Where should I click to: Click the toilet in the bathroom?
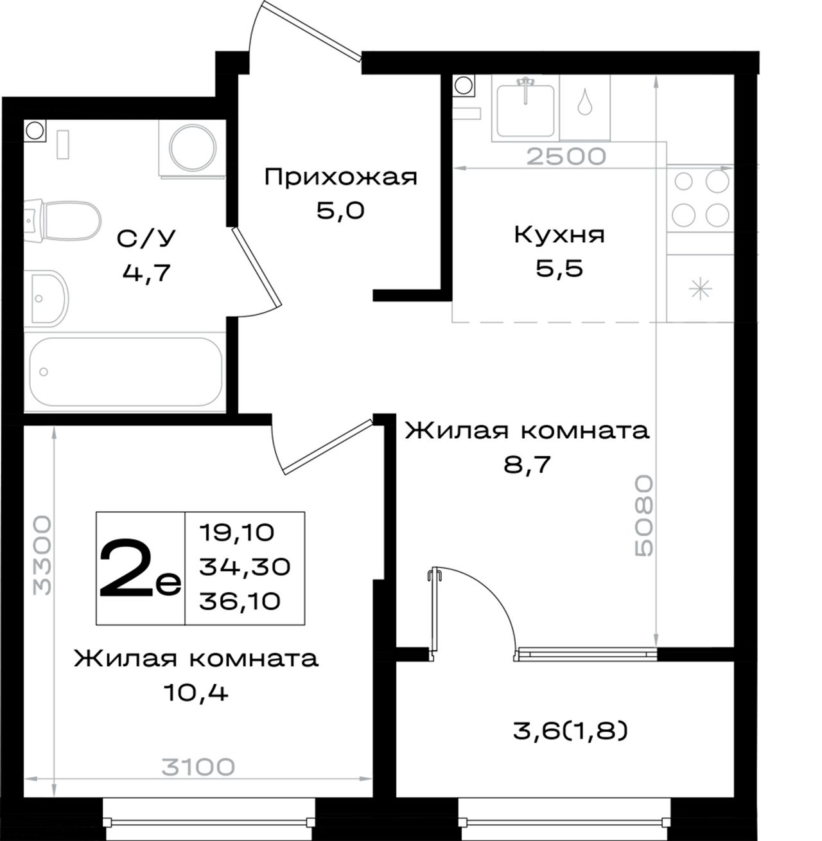(63, 220)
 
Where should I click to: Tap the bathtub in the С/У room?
(126, 372)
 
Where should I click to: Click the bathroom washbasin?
(46, 297)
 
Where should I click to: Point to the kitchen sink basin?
(525, 111)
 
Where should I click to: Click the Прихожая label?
(341, 177)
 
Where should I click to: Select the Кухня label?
(559, 236)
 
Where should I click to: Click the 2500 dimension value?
(566, 156)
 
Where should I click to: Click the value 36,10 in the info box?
(240, 601)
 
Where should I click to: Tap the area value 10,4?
(196, 693)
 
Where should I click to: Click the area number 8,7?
(527, 465)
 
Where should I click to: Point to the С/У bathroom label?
(146, 238)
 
